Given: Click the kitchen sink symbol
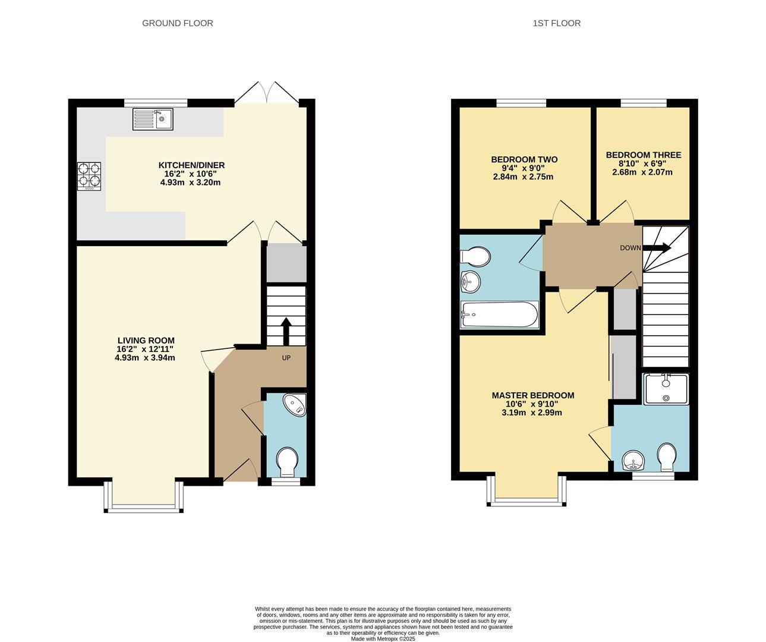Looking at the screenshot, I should (153, 119).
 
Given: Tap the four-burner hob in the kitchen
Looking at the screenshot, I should (89, 177).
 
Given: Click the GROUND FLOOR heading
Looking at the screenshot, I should (177, 23).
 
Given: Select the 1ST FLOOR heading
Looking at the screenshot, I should (556, 23).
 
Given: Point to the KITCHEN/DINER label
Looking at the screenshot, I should (191, 165).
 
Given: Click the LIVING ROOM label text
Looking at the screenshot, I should (146, 341).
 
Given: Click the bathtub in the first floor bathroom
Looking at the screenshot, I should (500, 314).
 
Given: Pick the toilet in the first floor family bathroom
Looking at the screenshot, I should (475, 257).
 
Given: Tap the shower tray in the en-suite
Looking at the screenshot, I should (666, 389).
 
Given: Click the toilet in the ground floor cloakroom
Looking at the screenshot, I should (288, 461).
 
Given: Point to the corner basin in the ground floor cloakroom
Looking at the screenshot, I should (295, 404).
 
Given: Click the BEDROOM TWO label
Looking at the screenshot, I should (524, 159).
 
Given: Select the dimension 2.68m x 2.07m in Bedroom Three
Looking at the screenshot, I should (642, 172).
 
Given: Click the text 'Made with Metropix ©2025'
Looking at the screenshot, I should (383, 639).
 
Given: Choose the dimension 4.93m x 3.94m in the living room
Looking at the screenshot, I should (145, 358).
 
